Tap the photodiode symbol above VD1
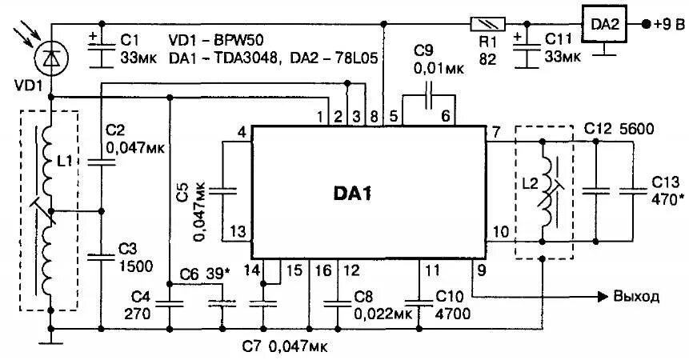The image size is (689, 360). [x=50, y=57]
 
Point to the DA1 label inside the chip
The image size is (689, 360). [x=353, y=194]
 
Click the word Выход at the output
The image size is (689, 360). [x=636, y=297]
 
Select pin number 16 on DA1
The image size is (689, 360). [x=321, y=270]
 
